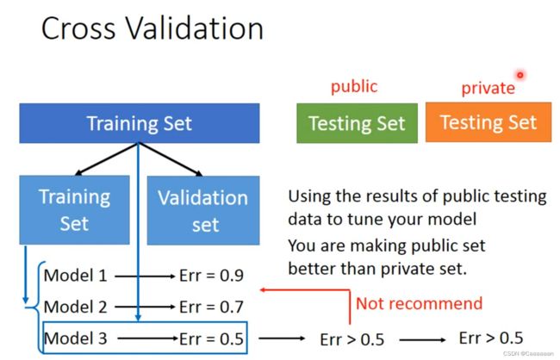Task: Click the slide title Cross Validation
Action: [152, 28]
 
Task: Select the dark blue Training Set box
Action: [140, 123]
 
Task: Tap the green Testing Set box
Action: [357, 123]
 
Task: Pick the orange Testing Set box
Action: [488, 122]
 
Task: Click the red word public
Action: [354, 87]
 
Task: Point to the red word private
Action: [488, 88]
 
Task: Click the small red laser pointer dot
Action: [520, 75]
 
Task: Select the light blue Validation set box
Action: [203, 210]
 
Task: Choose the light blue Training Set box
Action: [74, 210]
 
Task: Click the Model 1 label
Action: [75, 276]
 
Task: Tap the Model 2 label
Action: [75, 307]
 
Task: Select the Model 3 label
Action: [75, 338]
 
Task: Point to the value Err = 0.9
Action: [211, 276]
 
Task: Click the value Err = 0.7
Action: [211, 307]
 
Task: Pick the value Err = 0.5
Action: [211, 338]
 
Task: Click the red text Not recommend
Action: [419, 303]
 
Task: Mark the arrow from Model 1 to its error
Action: [145, 276]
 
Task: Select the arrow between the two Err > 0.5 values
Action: [422, 339]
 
